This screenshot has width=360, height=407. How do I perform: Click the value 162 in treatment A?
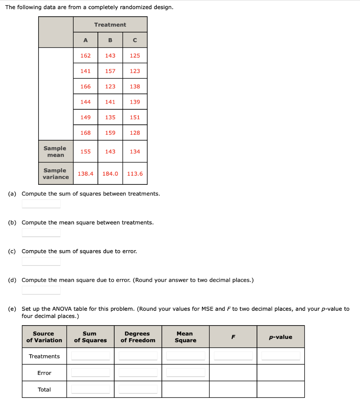[86, 56]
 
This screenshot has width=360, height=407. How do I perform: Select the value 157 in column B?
[110, 71]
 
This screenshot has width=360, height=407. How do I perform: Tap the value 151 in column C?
[135, 117]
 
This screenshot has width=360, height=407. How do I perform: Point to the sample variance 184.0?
[110, 174]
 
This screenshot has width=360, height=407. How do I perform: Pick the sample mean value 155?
[86, 151]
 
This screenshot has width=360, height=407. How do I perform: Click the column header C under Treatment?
[135, 40]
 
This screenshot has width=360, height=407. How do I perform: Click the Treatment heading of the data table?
[110, 25]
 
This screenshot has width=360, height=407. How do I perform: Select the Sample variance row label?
[55, 174]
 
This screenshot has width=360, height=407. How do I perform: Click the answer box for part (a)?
[41, 204]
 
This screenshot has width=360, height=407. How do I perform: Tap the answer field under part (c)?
[41, 262]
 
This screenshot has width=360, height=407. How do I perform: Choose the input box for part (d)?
[41, 290]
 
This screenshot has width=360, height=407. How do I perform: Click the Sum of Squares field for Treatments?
[90, 356]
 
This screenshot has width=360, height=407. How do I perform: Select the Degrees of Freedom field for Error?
[138, 372]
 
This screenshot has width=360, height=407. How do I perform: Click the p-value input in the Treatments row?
[280, 356]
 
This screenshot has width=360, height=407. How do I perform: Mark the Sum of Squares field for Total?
[90, 389]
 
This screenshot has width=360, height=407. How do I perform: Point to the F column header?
[233, 337]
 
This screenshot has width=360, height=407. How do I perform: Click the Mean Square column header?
[185, 337]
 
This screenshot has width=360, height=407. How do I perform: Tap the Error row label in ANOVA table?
[44, 373]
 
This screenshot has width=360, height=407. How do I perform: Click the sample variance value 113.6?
[135, 174]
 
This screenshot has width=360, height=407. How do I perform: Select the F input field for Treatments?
[233, 356]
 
